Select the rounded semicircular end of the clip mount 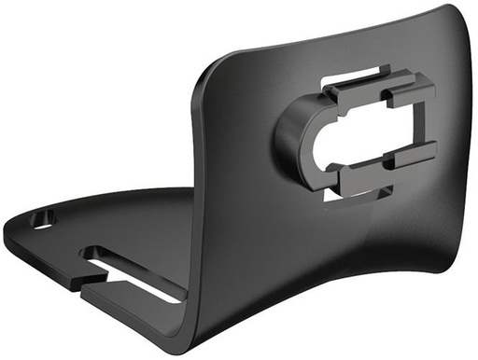[x=290, y=140]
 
